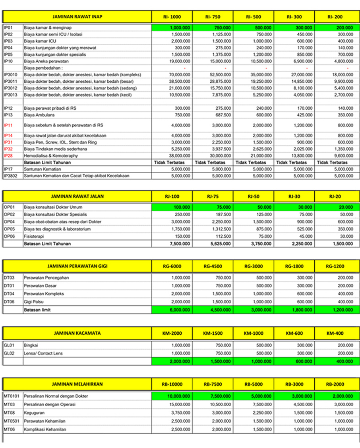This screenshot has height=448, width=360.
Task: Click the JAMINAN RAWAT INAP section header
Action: (77, 17)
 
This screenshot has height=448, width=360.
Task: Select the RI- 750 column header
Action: (213, 17)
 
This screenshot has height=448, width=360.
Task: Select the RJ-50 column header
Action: (253, 196)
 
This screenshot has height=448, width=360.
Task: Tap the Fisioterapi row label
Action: (35, 235)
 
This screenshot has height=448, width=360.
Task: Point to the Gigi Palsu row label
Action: (35, 301)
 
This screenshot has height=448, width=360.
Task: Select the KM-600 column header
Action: (294, 333)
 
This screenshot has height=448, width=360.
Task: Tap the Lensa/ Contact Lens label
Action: (43, 353)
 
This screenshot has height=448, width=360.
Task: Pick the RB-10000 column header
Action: (172, 384)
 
